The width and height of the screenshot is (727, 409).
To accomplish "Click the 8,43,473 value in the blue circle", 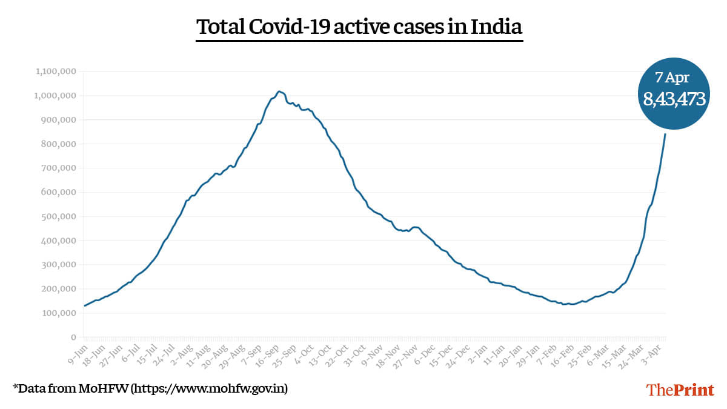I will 674,98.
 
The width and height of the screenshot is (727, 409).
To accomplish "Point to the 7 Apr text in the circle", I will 672,77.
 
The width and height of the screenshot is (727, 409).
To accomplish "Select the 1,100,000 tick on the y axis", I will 56,71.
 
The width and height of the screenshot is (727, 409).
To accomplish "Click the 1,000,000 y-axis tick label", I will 56,96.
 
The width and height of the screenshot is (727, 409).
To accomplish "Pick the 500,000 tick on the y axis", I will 58,216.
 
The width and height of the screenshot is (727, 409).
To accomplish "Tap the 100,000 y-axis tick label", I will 58,313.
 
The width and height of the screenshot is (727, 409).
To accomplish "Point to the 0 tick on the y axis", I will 73,338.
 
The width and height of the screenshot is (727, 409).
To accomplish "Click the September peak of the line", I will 279,91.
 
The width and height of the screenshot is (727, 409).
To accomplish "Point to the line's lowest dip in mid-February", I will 565,304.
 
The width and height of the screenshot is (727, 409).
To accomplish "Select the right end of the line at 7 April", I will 666,134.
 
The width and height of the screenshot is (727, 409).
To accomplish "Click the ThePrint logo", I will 680,390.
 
